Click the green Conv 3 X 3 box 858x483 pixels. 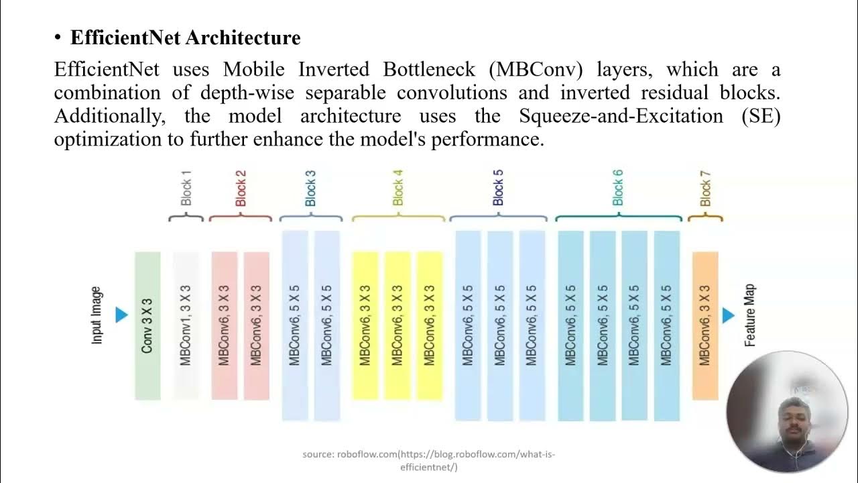[147, 326]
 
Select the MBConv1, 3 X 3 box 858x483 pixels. [186, 326]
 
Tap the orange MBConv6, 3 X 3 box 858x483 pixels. [704, 326]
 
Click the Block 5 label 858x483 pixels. [498, 188]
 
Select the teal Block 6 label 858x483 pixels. [618, 188]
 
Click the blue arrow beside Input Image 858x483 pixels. [121, 315]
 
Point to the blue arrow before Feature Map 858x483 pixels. [729, 315]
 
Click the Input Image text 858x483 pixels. [97, 315]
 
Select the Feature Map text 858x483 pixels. [750, 315]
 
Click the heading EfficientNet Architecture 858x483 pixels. [185, 38]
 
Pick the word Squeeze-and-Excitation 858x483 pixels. [621, 115]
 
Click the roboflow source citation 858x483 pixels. [429, 460]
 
